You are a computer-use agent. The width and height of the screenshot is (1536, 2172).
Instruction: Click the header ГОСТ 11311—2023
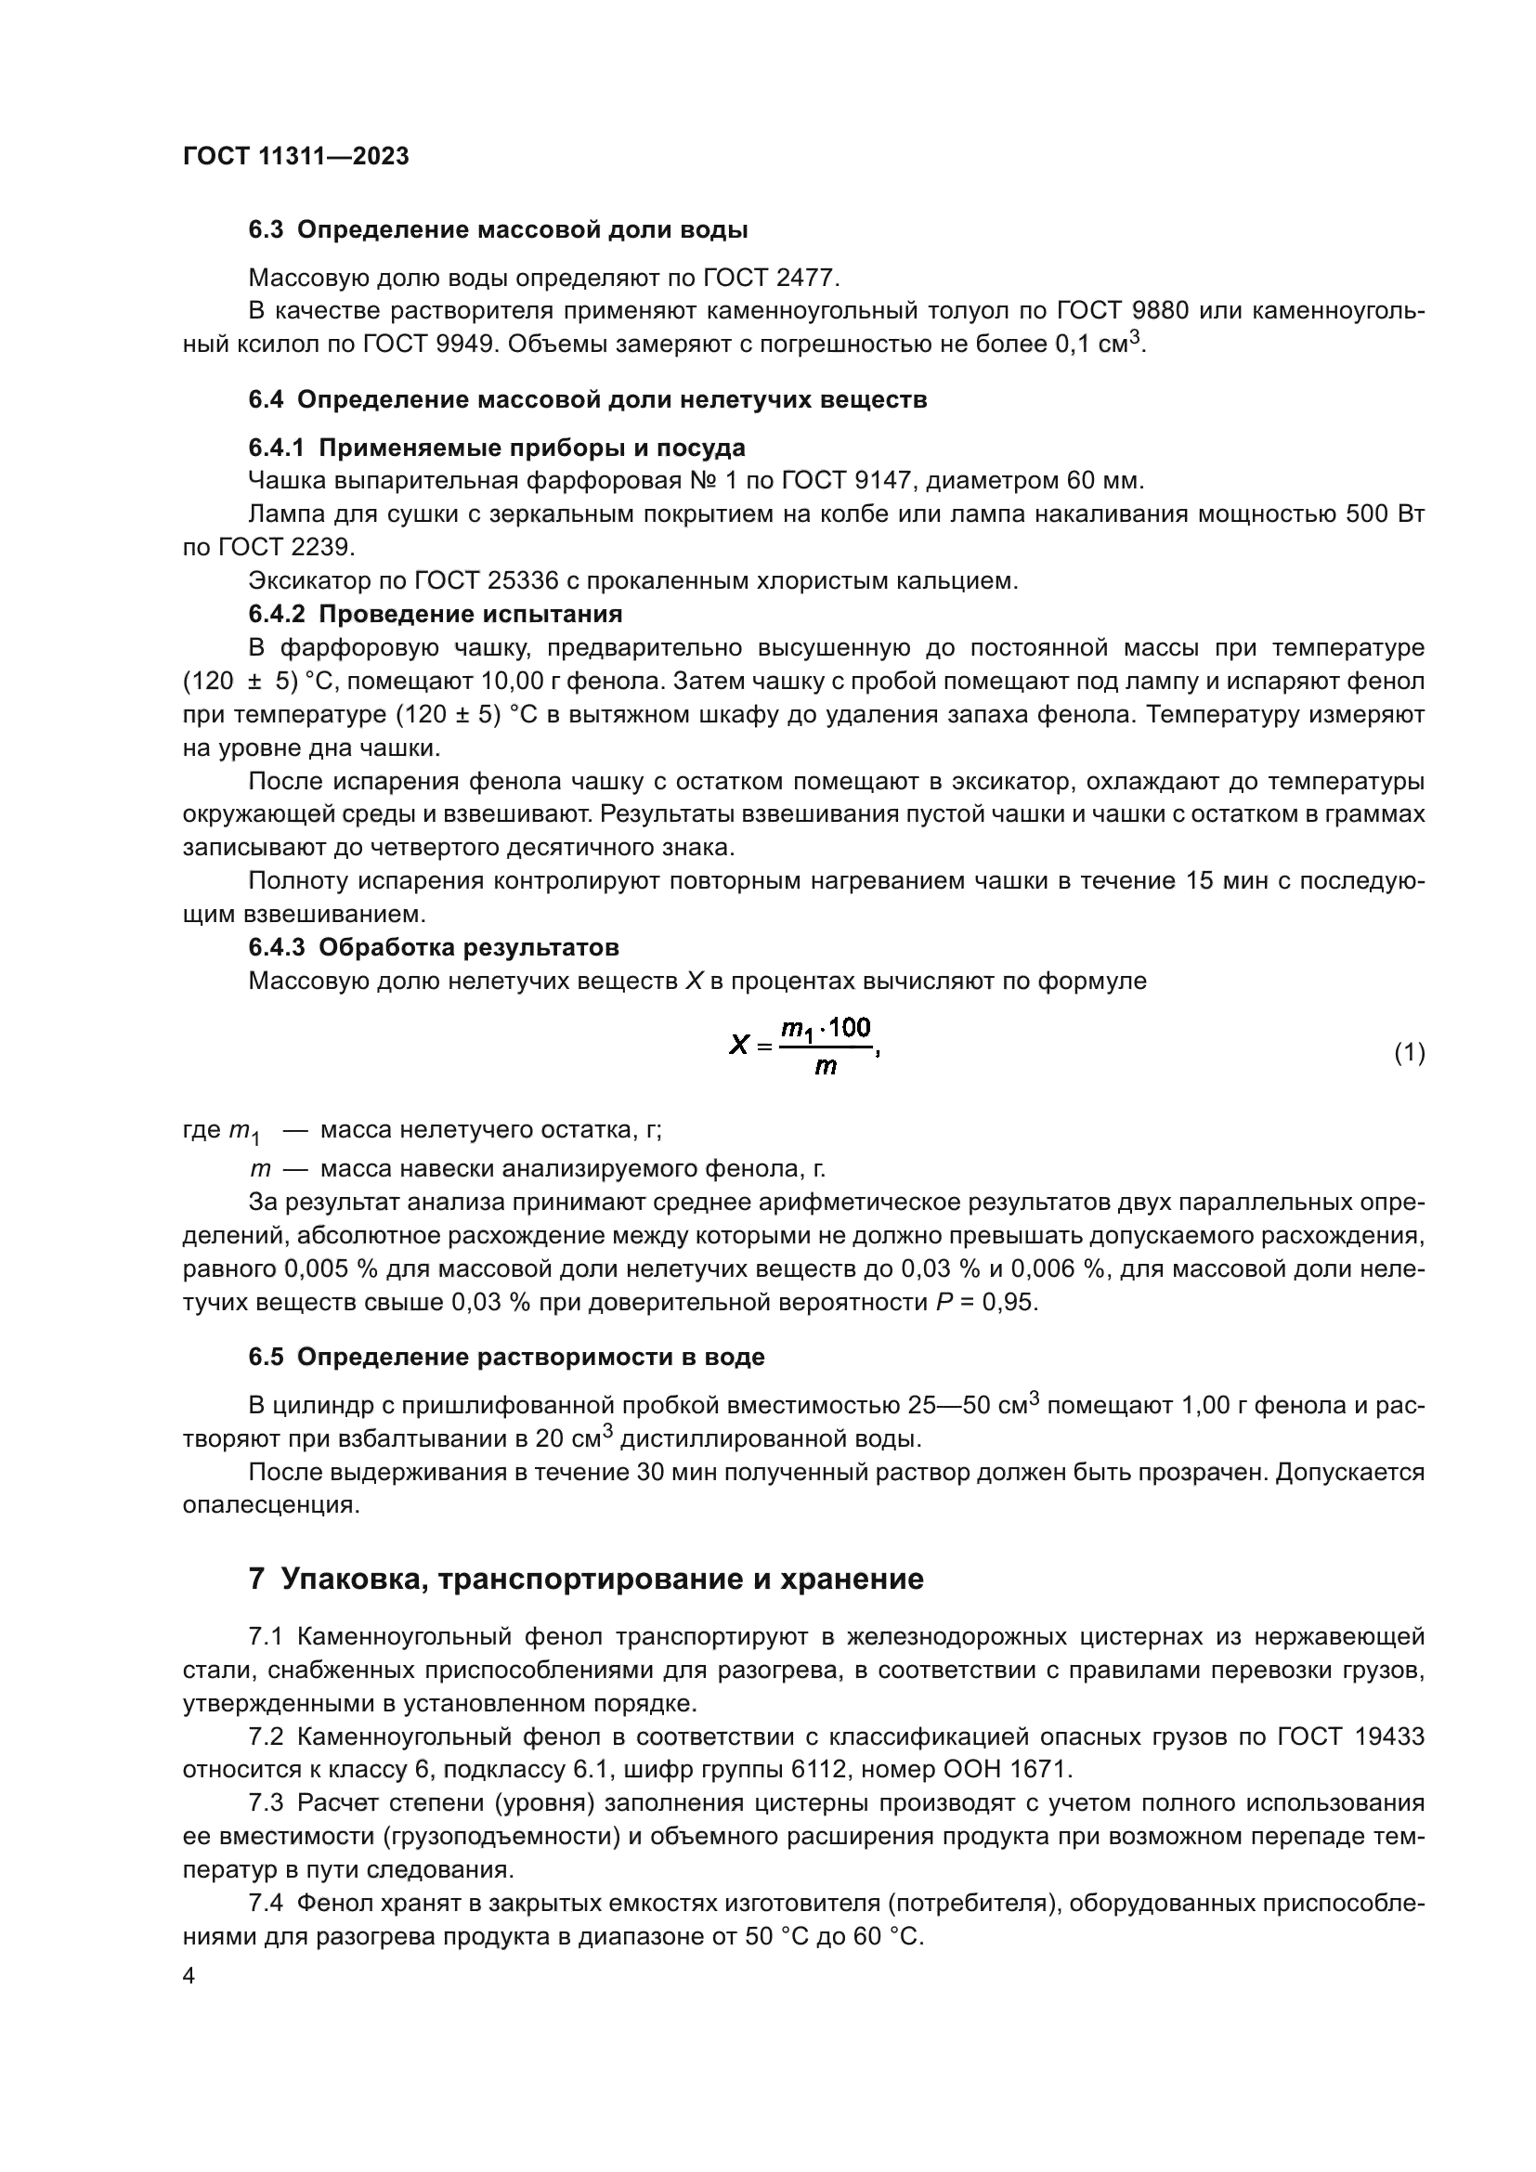coord(295,157)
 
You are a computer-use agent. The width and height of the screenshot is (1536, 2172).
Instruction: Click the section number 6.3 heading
coord(265,230)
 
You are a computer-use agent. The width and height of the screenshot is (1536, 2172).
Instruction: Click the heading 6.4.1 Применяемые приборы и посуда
coord(497,448)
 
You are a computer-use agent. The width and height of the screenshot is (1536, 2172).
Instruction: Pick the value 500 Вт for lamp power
coord(1385,514)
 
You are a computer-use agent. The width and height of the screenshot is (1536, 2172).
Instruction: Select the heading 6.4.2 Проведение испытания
coord(435,614)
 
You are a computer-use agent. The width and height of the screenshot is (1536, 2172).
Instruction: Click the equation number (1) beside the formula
coord(1410,1052)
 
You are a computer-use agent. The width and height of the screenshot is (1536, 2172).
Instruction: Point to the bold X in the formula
coord(739,1046)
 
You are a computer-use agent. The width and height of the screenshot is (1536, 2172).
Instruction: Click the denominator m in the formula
coord(826,1069)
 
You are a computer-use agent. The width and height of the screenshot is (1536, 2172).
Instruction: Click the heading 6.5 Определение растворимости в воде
coord(506,1357)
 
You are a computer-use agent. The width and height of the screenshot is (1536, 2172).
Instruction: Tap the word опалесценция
coord(270,1504)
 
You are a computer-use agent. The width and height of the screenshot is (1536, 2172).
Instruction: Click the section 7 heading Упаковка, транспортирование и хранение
coord(586,1579)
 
